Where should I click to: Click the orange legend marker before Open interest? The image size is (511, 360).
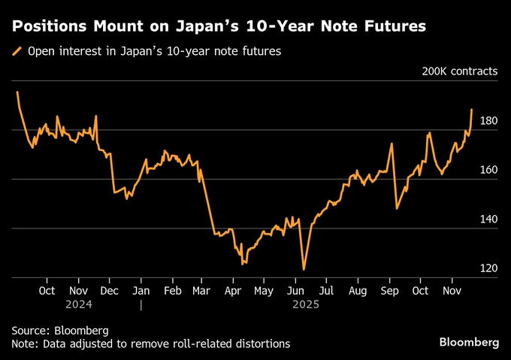pos(17,52)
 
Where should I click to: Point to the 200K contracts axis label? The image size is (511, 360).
pos(459,71)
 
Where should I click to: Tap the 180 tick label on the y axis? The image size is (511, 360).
pos(488,120)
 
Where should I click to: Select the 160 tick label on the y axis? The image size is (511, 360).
pos(488,170)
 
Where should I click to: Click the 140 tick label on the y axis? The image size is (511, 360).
pos(488,219)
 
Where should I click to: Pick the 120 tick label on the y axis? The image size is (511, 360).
pos(488,268)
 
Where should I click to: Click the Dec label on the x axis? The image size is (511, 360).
pos(110,290)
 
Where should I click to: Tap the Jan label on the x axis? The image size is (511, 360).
pos(141,290)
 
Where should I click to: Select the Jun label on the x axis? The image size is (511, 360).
pos(295,290)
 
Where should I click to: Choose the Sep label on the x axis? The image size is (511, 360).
pos(389,290)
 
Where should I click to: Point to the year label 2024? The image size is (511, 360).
pos(78,304)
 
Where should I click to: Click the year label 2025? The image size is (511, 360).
pos(306,304)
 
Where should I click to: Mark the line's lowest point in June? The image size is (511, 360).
pos(304,270)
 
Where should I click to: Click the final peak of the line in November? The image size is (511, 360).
pos(472,110)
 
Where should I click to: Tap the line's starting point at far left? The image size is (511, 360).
pos(17,92)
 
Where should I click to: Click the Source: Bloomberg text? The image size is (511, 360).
pos(60,330)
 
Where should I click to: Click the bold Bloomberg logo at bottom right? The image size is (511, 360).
pos(468,342)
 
